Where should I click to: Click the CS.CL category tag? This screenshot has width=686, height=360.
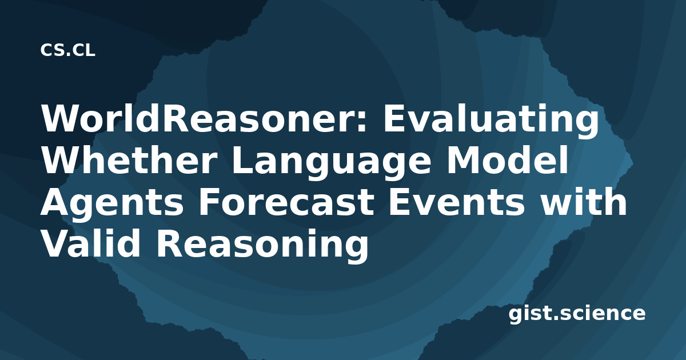click(x=67, y=50)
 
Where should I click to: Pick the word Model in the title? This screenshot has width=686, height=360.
click(x=507, y=160)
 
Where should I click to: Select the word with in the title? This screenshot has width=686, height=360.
click(x=583, y=201)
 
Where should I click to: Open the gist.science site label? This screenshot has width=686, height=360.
click(x=577, y=314)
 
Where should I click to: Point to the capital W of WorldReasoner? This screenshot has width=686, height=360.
click(x=62, y=118)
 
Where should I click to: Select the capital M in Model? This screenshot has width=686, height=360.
click(x=463, y=161)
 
